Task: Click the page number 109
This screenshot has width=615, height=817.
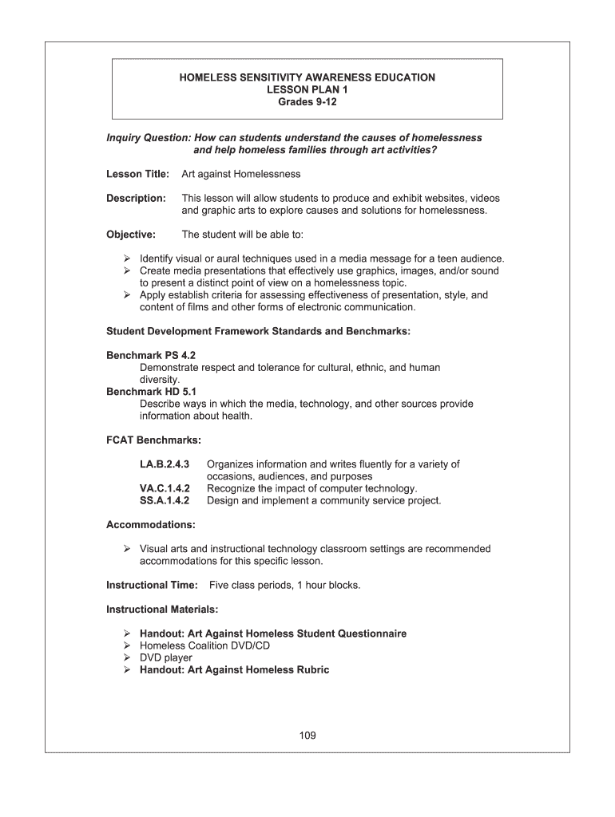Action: coord(307,736)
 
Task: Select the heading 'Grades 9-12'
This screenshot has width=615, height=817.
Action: coord(307,103)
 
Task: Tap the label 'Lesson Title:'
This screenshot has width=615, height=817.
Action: coord(137,174)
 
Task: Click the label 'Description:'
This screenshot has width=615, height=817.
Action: coord(136,198)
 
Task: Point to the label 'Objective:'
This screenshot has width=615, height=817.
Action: coord(131,235)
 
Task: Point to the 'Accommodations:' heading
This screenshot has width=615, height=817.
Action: coord(151,525)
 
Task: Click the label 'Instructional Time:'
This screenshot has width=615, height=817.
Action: coord(152,586)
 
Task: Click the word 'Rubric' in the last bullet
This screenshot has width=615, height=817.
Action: coord(311,670)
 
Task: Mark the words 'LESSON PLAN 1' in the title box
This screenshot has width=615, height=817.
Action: coord(307,90)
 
